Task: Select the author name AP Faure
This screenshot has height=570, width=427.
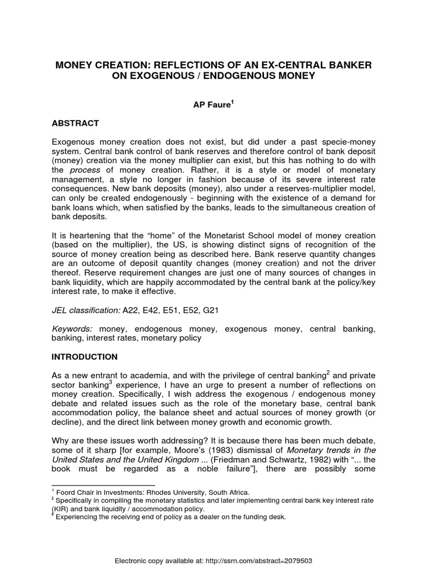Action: click(212, 104)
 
